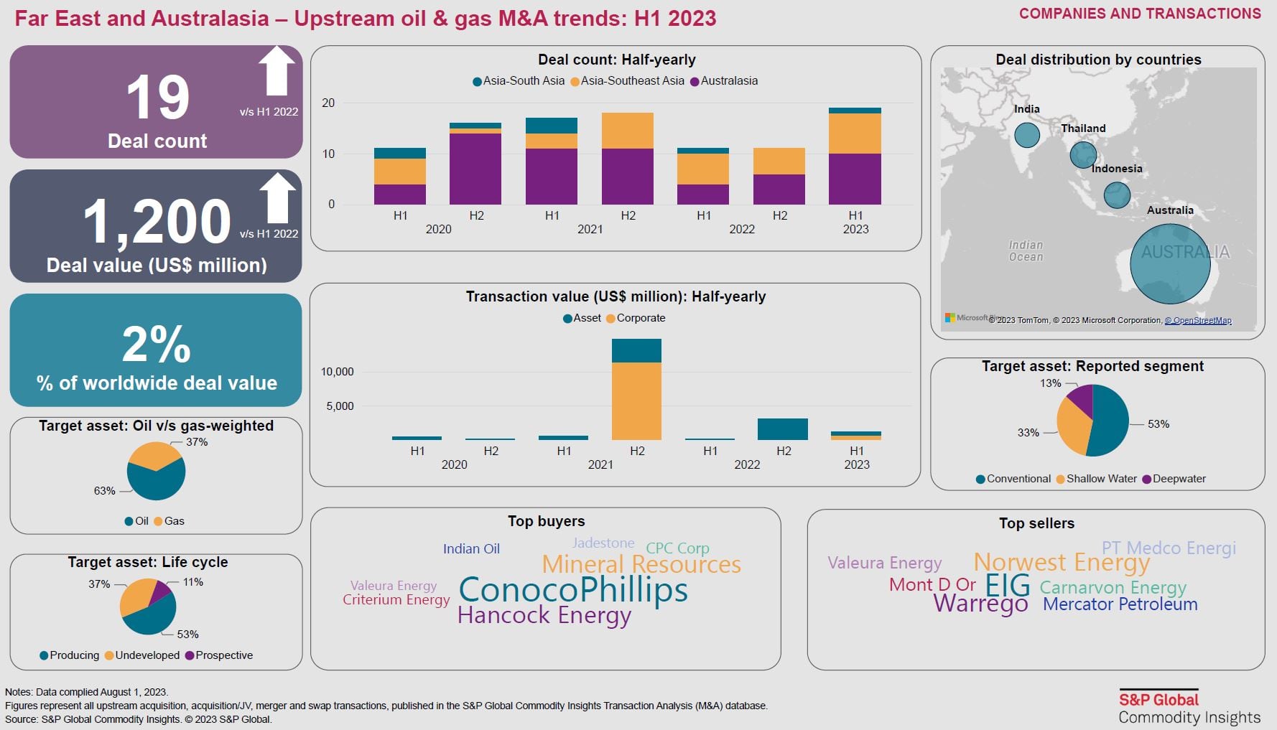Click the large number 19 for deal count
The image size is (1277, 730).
[158, 98]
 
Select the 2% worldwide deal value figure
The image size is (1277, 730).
[157, 345]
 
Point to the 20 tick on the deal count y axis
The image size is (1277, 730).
[328, 103]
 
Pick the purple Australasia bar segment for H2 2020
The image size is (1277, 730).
[475, 169]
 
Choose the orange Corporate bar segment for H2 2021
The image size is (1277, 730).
[636, 401]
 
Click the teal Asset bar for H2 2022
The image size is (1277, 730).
[782, 429]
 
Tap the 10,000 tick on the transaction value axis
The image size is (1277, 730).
[337, 372]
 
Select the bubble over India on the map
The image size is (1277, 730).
[1027, 135]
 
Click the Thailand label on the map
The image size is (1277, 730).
[1083, 128]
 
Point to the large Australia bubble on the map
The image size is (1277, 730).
[1170, 263]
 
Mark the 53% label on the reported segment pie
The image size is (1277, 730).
[1158, 424]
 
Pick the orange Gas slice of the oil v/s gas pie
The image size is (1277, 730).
[152, 455]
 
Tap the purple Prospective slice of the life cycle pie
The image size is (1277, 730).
[161, 591]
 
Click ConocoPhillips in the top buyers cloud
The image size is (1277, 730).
[572, 590]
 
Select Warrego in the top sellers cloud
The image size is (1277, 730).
[980, 604]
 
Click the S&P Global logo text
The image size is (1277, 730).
[1158, 700]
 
